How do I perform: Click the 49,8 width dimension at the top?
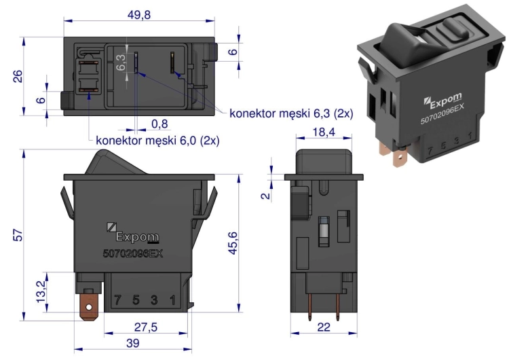coord(139,15)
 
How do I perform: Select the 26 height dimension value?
coord(18,76)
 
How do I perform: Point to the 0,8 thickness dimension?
coord(159,124)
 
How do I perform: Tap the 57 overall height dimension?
coord(18,235)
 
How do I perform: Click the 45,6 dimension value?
coord(232,243)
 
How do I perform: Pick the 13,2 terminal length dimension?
coord(41,291)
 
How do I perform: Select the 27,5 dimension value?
coord(146,327)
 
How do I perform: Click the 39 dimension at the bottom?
coord(132,343)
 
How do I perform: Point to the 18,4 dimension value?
coord(324,132)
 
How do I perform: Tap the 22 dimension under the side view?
coord(324,327)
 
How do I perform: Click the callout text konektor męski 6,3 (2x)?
coord(291,113)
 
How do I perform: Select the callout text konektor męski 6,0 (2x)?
coord(157,141)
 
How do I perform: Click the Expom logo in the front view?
coord(132,232)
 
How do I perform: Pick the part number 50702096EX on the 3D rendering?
coord(442,114)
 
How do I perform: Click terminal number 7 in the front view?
coord(117,300)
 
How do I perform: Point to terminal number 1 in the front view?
coord(172,300)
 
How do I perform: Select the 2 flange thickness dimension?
coord(265,195)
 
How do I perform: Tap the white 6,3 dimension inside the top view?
coord(121,62)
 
